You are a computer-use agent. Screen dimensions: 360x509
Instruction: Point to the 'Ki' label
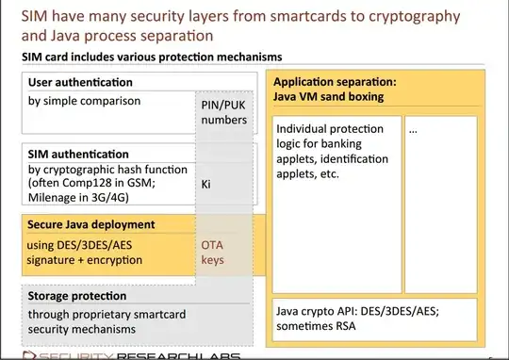206,186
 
